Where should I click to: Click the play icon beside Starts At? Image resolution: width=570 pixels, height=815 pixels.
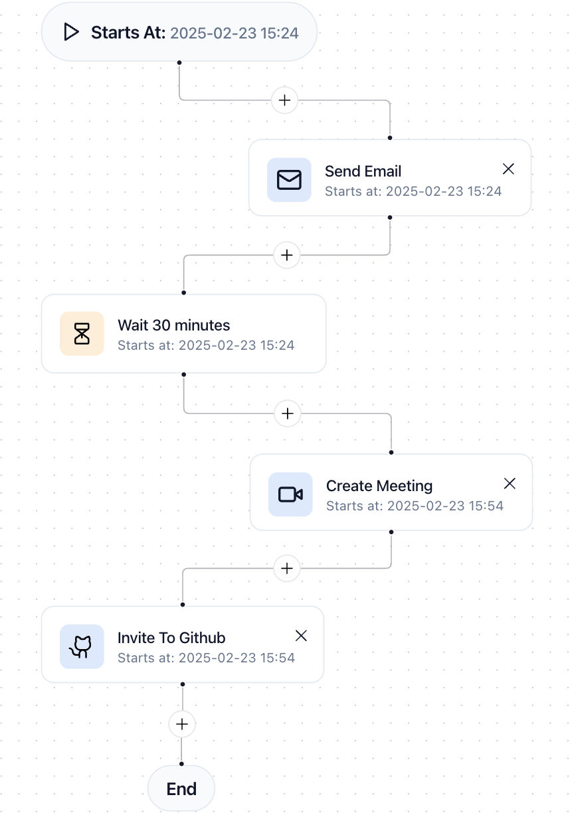pos(71,32)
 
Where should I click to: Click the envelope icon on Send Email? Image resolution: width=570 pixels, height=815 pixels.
pos(289,180)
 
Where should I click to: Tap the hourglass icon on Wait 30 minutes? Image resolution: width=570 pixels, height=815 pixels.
pos(82,333)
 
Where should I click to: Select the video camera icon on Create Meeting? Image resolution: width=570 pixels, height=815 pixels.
pos(290,494)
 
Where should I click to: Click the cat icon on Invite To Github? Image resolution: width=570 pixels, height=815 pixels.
pos(82,646)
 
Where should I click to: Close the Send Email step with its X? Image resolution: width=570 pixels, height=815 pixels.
pos(508,169)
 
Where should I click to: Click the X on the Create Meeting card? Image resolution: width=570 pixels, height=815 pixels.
pos(510,483)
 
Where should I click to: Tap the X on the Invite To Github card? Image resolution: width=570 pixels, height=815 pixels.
pos(301,636)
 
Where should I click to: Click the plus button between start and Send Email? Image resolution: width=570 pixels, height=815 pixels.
pos(285,100)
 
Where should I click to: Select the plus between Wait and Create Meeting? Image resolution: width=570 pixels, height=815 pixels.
pos(287,413)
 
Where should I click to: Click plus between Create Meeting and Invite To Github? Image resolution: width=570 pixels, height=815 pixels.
pos(287,569)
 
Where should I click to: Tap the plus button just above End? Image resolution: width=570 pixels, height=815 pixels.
pos(182,723)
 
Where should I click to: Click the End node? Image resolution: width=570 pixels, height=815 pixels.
pos(181,788)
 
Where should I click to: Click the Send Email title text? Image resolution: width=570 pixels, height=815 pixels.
pos(363,171)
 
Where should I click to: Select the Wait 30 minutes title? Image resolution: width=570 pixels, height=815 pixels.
pos(173,325)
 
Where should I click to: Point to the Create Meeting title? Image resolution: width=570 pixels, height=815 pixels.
pos(379,486)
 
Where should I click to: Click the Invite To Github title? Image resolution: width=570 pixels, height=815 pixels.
pos(171,638)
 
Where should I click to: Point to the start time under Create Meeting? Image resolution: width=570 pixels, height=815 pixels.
pos(415,506)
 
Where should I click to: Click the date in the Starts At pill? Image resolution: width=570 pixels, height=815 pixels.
pos(235,33)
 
